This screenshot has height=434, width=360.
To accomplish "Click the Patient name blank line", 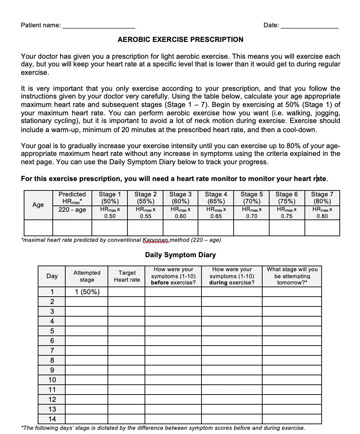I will (x=99, y=26).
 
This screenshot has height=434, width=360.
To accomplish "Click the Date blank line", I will (x=309, y=26).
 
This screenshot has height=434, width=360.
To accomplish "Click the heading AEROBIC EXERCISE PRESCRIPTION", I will (x=180, y=40).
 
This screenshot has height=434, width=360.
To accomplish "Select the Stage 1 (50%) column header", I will (x=110, y=198).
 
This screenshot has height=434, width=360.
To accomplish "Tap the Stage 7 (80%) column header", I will (x=322, y=198).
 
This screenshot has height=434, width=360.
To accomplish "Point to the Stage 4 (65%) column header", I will (x=216, y=198).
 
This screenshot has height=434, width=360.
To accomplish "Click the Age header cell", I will (x=38, y=205).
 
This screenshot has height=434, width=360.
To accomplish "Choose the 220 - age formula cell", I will (x=72, y=210).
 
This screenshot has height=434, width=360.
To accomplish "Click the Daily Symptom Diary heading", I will (x=180, y=255).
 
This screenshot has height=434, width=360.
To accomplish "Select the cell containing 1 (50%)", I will (x=87, y=292).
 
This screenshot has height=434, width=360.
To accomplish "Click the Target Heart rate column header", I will (x=127, y=276).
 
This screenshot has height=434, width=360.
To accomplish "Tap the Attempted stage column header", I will (x=87, y=276).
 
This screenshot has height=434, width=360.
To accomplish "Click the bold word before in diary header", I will (x=160, y=283).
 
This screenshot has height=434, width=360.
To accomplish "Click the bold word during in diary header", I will (x=218, y=283).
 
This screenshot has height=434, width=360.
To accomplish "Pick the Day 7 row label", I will (x=52, y=351).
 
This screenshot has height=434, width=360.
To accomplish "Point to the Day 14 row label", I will (x=52, y=419).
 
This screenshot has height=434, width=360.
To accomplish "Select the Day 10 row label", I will (x=52, y=380).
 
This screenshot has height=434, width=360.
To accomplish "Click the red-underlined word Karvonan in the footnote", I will (x=156, y=240).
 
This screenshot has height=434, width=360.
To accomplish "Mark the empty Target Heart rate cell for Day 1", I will (x=126, y=292).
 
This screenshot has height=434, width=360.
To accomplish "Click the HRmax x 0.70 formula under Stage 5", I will (x=251, y=213).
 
